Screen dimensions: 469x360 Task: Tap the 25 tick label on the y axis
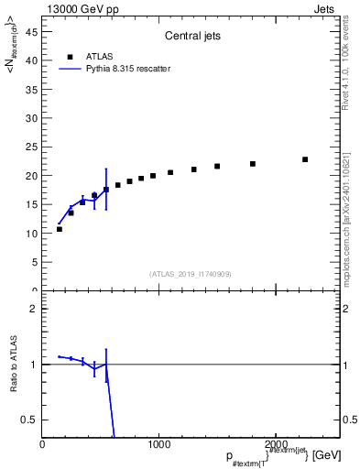(x=33, y=147)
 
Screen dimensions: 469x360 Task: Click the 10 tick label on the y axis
(x=33, y=234)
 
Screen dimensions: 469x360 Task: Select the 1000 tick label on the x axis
(x=158, y=443)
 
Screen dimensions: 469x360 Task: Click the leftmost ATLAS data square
(x=60, y=229)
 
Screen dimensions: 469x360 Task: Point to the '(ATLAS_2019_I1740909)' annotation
(x=190, y=274)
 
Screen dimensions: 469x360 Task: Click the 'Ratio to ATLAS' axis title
(x=14, y=365)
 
